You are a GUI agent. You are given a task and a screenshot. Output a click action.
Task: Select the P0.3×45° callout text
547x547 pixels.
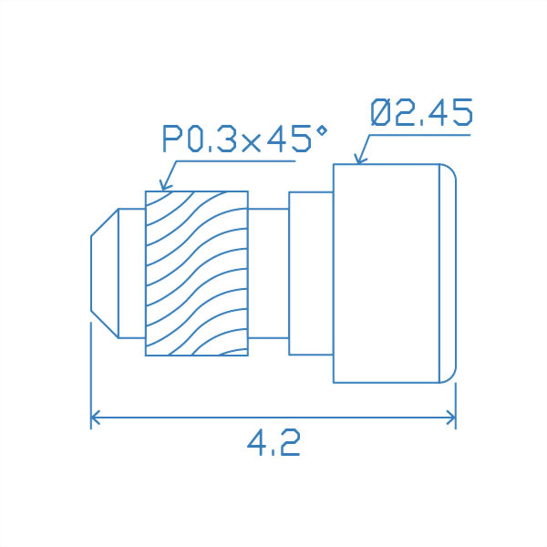click(x=244, y=140)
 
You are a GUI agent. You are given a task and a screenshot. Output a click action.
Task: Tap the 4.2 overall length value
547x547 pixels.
click(x=273, y=444)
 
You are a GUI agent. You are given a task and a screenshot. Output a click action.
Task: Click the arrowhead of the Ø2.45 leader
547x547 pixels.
click(x=358, y=160)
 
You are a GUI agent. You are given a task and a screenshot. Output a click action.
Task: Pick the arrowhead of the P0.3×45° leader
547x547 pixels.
click(x=163, y=187)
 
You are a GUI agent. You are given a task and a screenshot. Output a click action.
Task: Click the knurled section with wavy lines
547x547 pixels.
click(x=197, y=273)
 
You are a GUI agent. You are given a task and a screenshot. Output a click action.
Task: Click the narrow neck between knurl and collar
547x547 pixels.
click(x=268, y=273)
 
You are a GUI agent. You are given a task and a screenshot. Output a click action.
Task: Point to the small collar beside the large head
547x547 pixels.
click(x=310, y=273)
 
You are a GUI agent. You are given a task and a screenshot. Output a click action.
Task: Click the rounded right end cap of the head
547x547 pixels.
click(x=448, y=273)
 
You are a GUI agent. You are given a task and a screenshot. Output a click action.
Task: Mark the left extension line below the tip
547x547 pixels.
click(x=91, y=365)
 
